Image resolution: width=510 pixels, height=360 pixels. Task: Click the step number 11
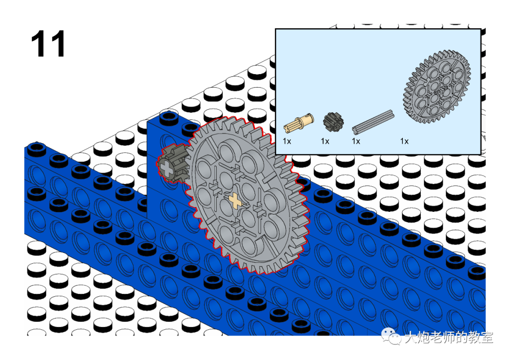pyautogui.click(x=48, y=44)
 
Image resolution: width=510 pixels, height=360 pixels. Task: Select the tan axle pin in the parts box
pyautogui.click(x=298, y=123)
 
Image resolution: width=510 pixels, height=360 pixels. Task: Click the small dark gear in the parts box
pyautogui.click(x=333, y=122)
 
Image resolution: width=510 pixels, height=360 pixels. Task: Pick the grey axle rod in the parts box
pyautogui.click(x=374, y=122)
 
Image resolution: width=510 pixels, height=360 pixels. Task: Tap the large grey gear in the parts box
pyautogui.click(x=437, y=86)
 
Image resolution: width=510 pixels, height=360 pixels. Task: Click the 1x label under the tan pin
pyautogui.click(x=287, y=142)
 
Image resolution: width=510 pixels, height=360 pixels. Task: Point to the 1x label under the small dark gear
pyautogui.click(x=325, y=142)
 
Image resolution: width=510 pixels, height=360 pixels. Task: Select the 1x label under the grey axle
pyautogui.click(x=356, y=142)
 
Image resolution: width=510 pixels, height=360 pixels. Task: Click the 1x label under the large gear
pyautogui.click(x=404, y=142)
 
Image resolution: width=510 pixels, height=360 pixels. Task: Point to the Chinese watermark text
pyautogui.click(x=449, y=337)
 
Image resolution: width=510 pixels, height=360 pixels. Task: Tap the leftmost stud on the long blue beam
pyautogui.click(x=37, y=148)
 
